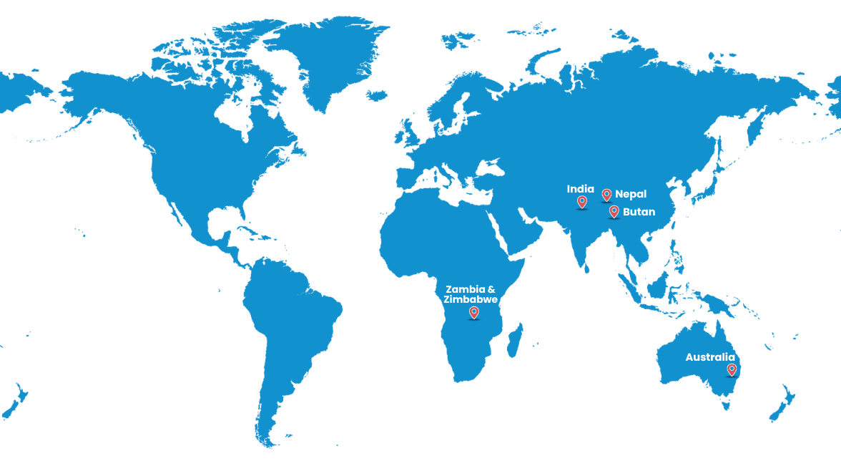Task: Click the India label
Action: (x=580, y=189)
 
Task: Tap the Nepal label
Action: (x=630, y=194)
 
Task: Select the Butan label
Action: (x=639, y=212)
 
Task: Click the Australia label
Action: (x=709, y=357)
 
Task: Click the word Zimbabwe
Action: (x=471, y=299)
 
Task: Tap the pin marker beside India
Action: (x=581, y=202)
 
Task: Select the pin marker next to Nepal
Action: (x=606, y=194)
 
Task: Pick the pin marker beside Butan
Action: (x=614, y=210)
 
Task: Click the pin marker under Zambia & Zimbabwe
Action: (x=473, y=312)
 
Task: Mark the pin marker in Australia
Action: (x=732, y=369)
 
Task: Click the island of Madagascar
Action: (x=513, y=340)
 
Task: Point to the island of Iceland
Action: (x=376, y=94)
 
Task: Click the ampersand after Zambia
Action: (x=491, y=289)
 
